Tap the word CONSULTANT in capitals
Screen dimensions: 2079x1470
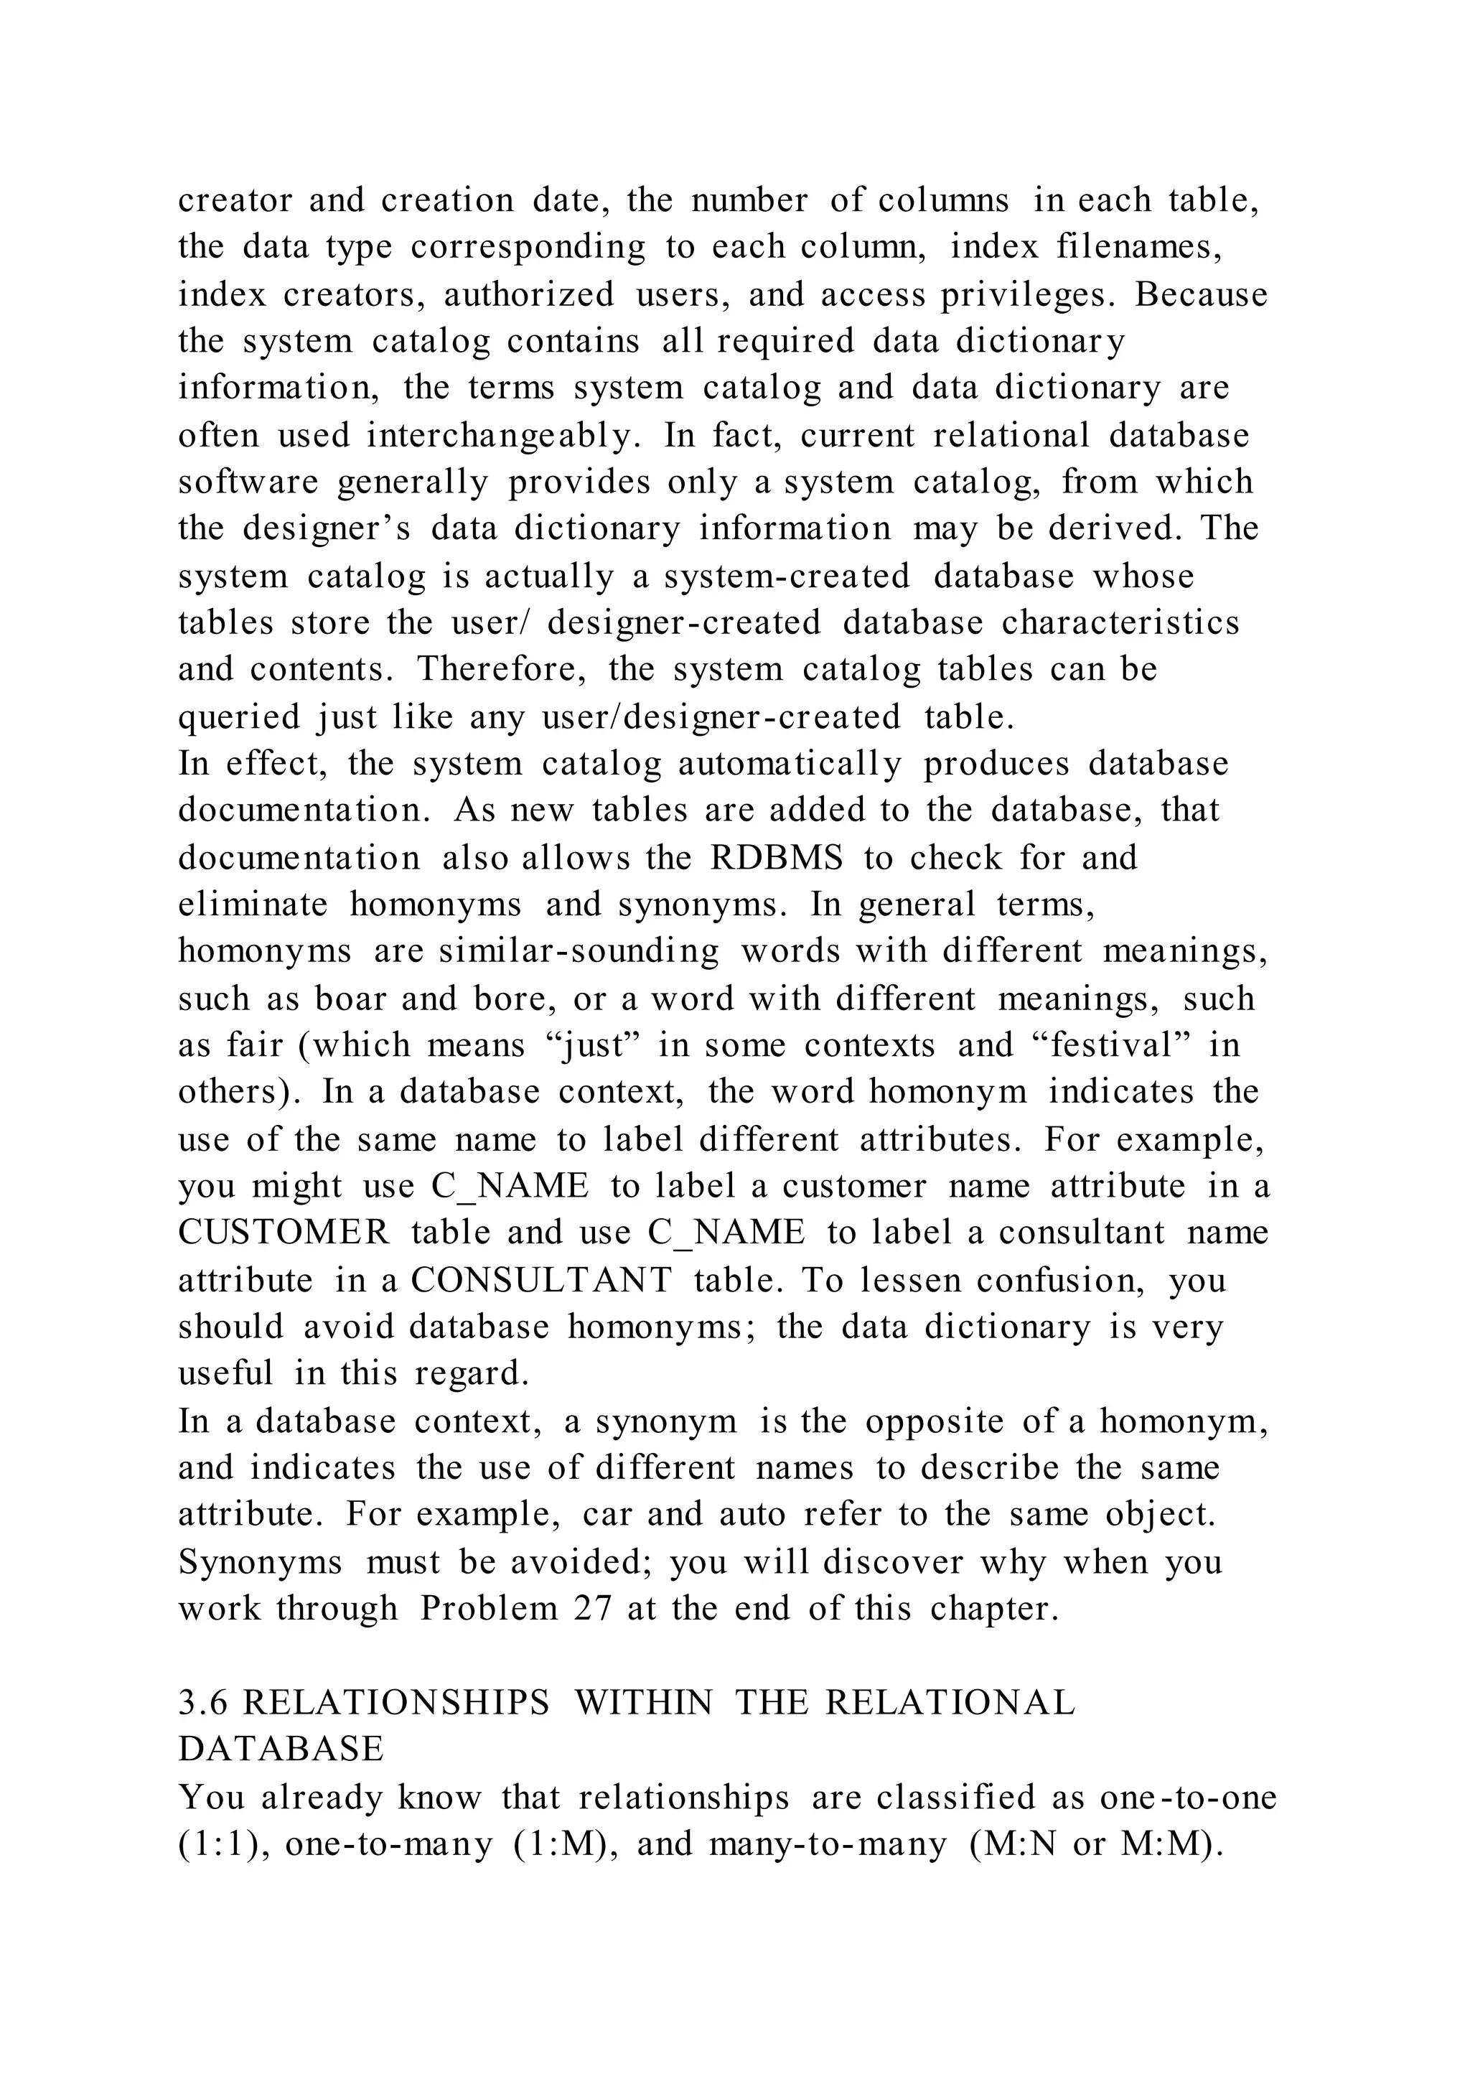click(x=541, y=1279)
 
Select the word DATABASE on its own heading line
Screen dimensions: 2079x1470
click(x=281, y=1749)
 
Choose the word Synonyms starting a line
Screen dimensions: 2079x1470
click(x=261, y=1561)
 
